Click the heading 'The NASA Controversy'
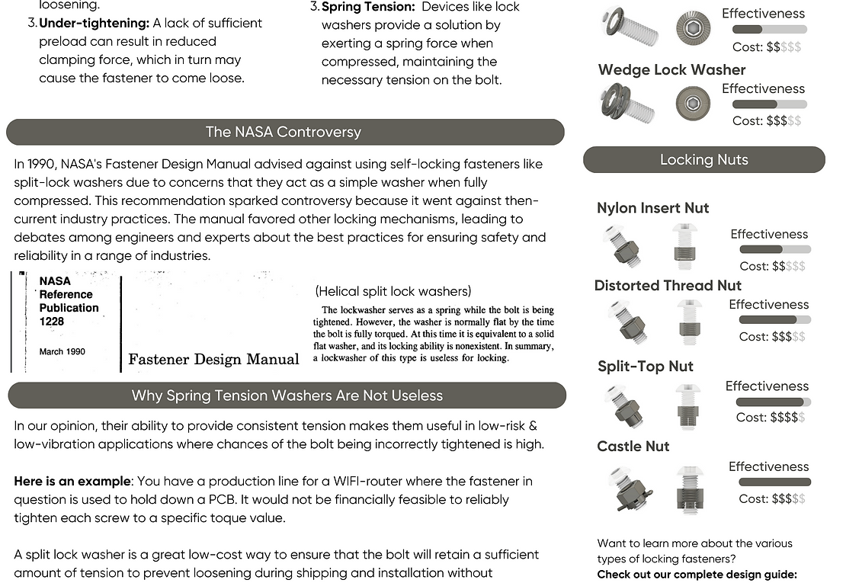point(284,132)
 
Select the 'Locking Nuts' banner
point(703,160)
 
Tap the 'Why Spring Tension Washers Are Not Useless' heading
point(287,396)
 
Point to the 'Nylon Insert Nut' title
point(652,208)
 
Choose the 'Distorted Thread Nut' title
point(668,286)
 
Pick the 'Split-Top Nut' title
point(645,367)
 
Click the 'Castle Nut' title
point(633,447)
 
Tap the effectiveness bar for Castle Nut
point(774,482)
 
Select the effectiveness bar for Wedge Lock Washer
point(769,104)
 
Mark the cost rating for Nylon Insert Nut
point(772,266)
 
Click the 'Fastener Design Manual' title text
point(213,360)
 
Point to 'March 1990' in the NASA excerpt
point(62,352)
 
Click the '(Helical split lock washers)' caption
point(393,291)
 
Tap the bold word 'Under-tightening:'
point(94,24)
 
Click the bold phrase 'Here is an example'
point(72,482)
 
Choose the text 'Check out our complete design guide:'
point(697,574)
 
